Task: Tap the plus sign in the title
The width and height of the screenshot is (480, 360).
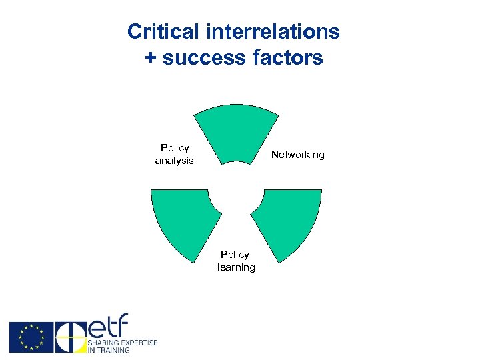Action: (x=151, y=58)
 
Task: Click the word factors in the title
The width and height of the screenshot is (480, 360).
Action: (x=288, y=58)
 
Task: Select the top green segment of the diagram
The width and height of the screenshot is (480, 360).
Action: (x=236, y=133)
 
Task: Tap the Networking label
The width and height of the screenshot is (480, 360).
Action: (x=297, y=155)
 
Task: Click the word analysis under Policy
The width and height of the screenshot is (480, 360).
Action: (x=174, y=161)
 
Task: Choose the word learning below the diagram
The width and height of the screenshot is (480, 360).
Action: (x=236, y=267)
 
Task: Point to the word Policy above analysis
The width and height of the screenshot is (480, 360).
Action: (x=175, y=147)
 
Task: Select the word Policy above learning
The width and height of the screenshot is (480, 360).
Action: (x=235, y=254)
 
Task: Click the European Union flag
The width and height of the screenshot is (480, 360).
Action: (x=31, y=337)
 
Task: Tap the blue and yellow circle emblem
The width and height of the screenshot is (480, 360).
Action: (x=70, y=337)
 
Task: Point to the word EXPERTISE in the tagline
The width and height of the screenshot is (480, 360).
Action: (x=138, y=343)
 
